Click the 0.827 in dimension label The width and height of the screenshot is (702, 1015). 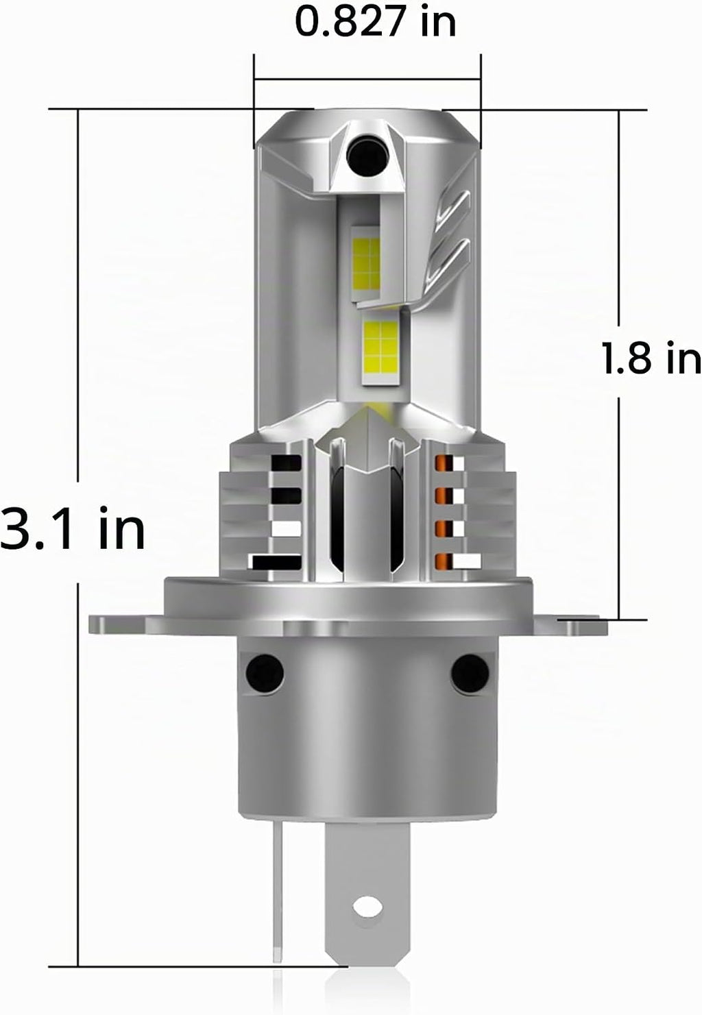coord(375,22)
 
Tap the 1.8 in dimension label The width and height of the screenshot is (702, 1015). coord(652,358)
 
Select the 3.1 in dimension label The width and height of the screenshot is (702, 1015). coord(73,528)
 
